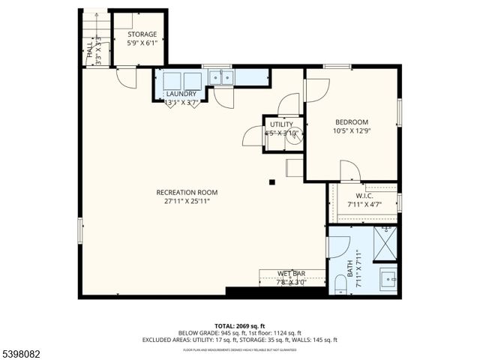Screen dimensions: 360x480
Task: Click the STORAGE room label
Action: (141, 34)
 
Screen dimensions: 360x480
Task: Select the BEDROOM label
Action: (351, 122)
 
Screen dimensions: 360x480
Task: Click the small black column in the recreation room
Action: (272, 181)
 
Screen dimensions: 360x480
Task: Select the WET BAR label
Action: (291, 273)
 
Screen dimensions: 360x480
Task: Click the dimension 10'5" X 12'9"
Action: (351, 131)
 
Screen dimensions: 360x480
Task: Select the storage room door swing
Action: (125, 76)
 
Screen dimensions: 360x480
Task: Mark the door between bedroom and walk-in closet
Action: (349, 172)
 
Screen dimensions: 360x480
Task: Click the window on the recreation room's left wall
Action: (80, 229)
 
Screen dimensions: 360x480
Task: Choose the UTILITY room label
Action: (281, 124)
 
